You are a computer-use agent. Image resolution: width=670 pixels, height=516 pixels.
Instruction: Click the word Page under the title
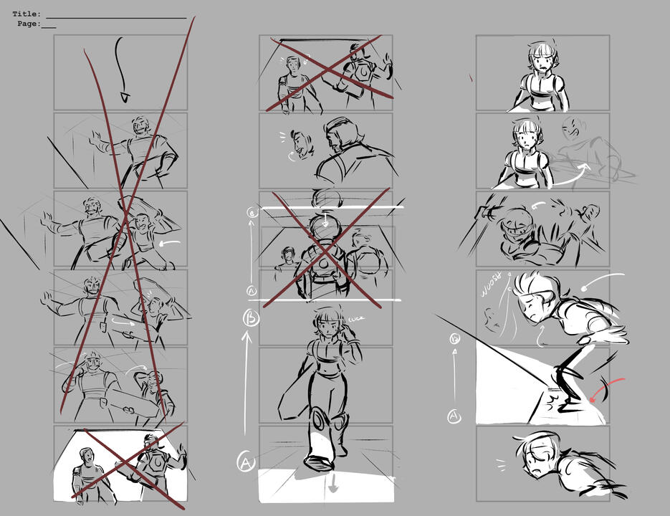pos(28,24)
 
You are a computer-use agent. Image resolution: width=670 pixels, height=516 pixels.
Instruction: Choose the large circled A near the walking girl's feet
pos(246,463)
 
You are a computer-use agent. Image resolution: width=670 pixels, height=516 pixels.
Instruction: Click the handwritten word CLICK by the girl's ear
pos(355,319)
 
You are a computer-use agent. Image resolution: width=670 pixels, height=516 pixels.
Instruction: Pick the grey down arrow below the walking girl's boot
pos(332,487)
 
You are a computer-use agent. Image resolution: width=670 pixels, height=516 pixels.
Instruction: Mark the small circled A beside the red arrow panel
pos(454,415)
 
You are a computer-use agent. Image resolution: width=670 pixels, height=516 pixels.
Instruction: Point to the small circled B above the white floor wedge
pos(454,339)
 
